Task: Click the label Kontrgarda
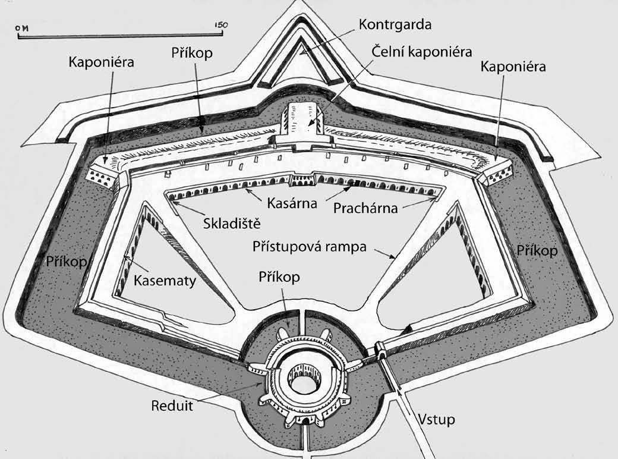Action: coord(394,25)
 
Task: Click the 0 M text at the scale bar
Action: coord(24,27)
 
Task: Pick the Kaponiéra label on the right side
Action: coord(514,67)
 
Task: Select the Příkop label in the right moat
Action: coord(538,250)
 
